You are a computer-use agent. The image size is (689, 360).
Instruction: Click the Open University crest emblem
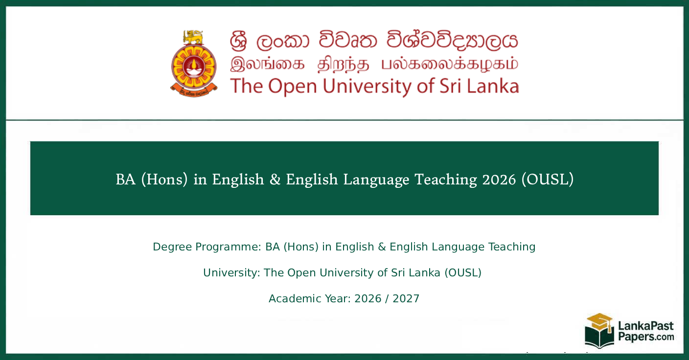[193, 67]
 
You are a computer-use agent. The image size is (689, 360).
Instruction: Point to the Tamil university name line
[374, 64]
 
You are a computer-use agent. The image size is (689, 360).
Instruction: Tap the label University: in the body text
[231, 272]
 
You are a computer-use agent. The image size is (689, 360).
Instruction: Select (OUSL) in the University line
[463, 272]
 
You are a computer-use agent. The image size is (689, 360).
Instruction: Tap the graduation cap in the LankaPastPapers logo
[599, 321]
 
